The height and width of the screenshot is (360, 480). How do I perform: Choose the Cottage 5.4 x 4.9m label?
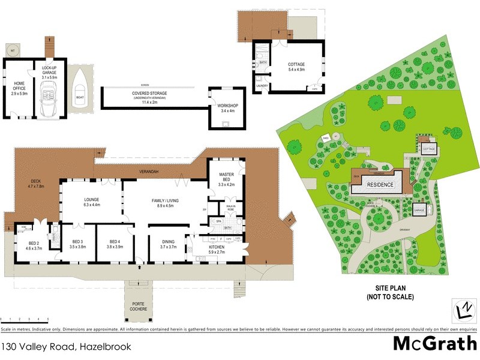click(x=296, y=67)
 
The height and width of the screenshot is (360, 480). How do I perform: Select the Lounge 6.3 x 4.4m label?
click(x=91, y=202)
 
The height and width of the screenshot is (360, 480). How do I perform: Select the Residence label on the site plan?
click(x=380, y=185)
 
